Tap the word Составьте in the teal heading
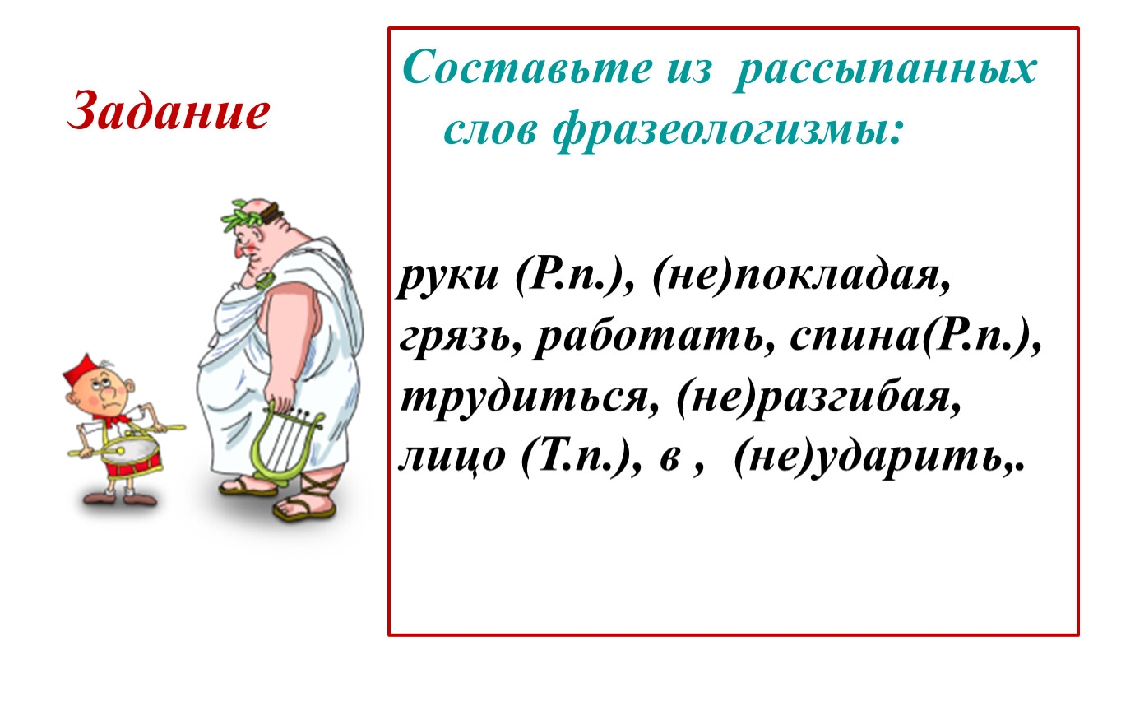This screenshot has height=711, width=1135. [527, 67]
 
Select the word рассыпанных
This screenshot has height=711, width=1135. [885, 71]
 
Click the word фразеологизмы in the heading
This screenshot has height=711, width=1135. [728, 130]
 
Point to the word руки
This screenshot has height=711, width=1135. [448, 278]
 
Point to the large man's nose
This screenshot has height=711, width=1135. [237, 250]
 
